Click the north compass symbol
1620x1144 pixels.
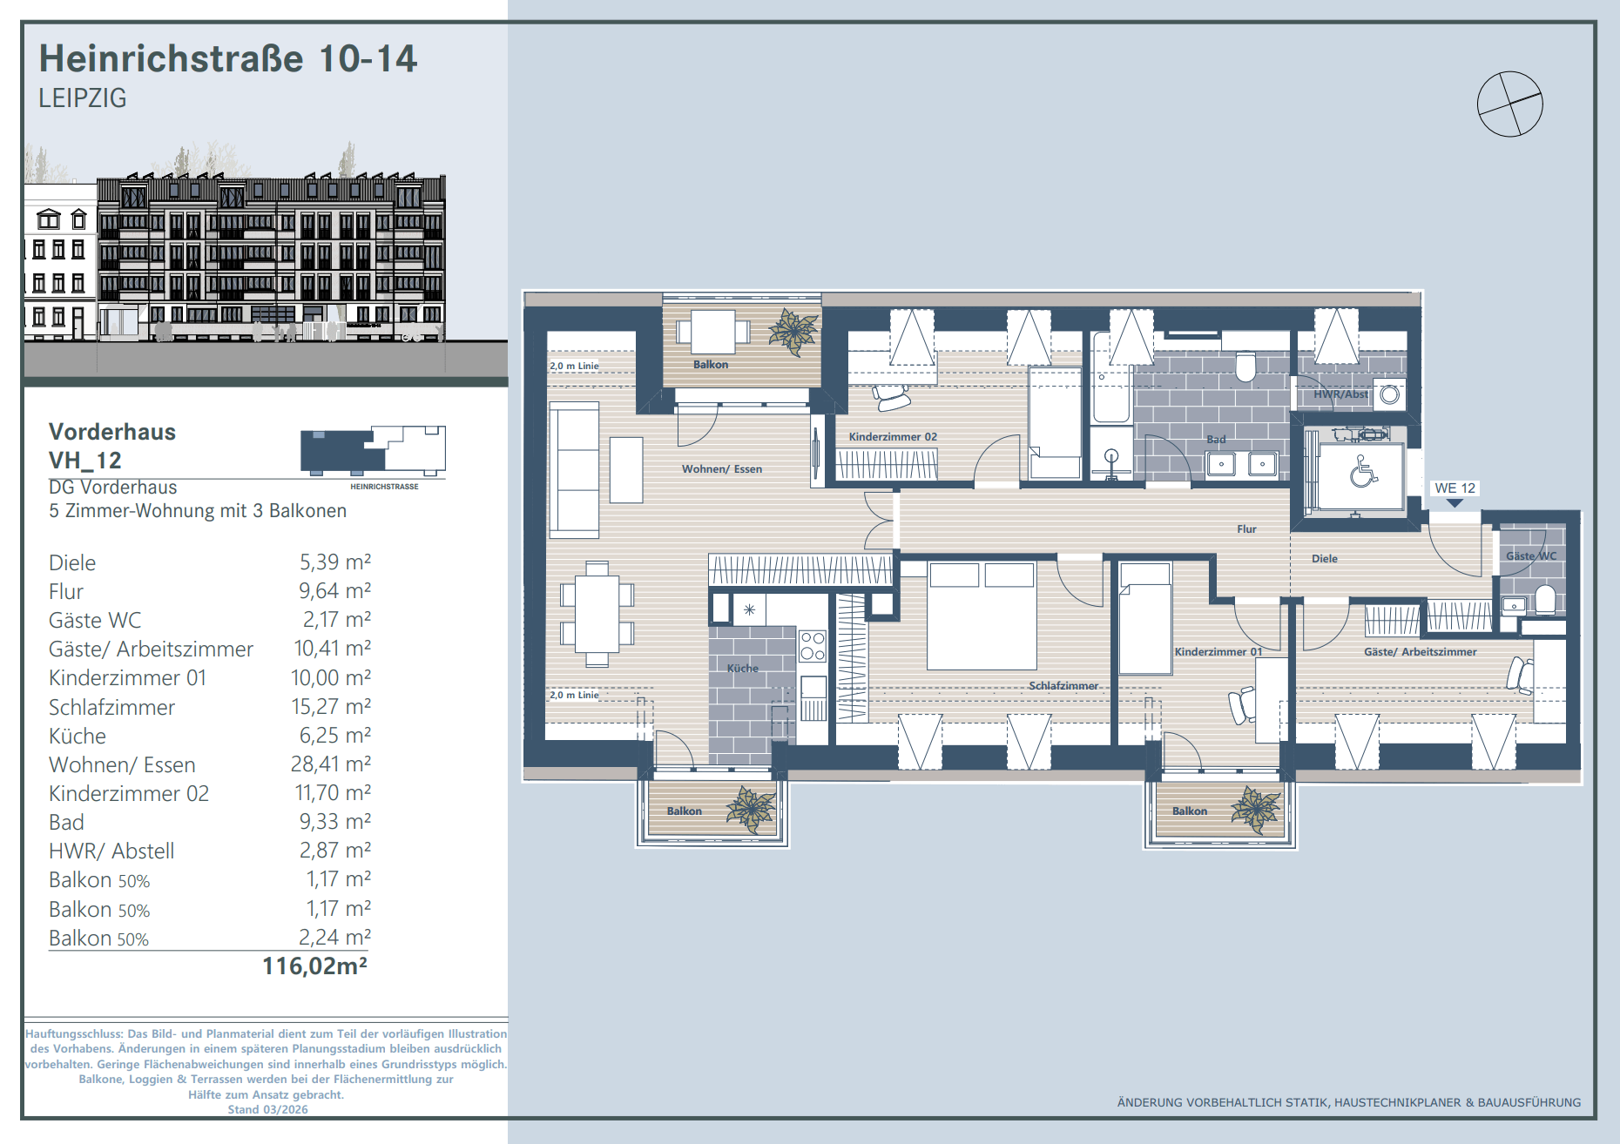point(1509,104)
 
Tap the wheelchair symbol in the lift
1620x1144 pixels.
point(1363,472)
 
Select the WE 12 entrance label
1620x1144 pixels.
point(1455,488)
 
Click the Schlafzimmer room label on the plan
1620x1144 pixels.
point(1063,685)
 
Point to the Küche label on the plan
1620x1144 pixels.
point(743,668)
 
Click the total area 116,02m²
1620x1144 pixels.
point(314,966)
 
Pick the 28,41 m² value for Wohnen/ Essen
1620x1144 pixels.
point(330,764)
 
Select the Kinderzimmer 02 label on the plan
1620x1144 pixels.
point(893,436)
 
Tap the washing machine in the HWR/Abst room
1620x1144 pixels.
point(1389,394)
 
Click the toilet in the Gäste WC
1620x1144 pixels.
point(1545,600)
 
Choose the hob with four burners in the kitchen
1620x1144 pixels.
point(813,647)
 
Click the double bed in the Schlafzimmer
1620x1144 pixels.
point(982,616)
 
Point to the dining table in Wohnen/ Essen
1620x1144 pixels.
point(597,614)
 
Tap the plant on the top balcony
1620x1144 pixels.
point(793,332)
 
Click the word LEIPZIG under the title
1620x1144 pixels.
point(83,98)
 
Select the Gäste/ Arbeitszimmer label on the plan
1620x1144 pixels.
point(1420,651)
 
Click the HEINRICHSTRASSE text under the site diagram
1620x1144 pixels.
point(384,487)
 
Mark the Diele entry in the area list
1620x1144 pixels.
point(72,562)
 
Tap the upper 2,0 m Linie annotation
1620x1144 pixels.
point(574,366)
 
